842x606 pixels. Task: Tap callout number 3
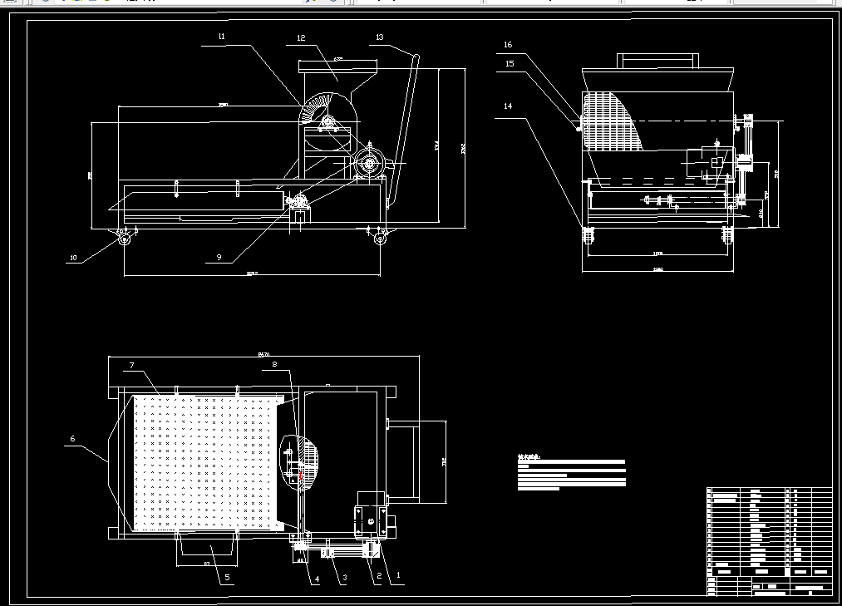343,580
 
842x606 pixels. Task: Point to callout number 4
316,580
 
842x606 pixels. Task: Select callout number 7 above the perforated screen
131,365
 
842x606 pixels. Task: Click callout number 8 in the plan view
275,363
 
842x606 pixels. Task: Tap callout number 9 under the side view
219,257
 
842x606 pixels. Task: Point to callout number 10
73,258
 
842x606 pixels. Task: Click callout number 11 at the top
222,37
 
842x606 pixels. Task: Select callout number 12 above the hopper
301,37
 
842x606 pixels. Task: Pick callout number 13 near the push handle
380,37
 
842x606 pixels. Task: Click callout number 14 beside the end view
508,106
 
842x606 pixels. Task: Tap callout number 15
510,62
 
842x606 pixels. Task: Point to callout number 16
508,45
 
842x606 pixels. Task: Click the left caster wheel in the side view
125,239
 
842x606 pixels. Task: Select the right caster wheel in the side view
381,239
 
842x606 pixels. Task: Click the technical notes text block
571,471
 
